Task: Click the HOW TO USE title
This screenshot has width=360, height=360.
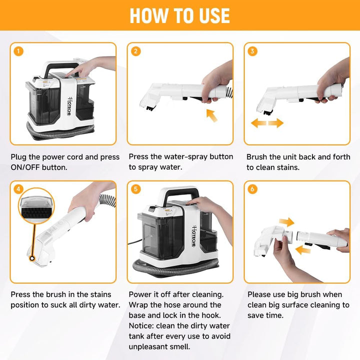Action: pos(180,15)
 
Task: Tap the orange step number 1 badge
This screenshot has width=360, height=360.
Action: pos(18,51)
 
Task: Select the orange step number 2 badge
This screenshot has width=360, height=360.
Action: pos(135,51)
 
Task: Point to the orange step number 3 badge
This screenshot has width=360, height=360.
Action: pos(252,51)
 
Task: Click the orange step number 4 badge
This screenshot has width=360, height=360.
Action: pos(18,189)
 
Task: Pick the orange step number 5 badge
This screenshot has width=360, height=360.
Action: pos(135,189)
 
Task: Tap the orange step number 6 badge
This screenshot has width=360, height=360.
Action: pos(252,189)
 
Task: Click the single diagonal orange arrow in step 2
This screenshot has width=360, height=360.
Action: pos(211,115)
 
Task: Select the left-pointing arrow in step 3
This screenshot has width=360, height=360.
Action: pos(258,123)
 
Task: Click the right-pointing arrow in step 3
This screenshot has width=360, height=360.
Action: pos(276,123)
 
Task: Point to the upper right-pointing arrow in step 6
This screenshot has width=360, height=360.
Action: pos(287,222)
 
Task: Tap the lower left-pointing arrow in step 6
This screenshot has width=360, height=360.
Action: pos(302,250)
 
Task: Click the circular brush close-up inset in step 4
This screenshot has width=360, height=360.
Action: pos(36,206)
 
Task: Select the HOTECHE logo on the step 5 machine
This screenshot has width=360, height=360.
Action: pos(194,236)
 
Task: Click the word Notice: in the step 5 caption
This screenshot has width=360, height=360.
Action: pos(141,326)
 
